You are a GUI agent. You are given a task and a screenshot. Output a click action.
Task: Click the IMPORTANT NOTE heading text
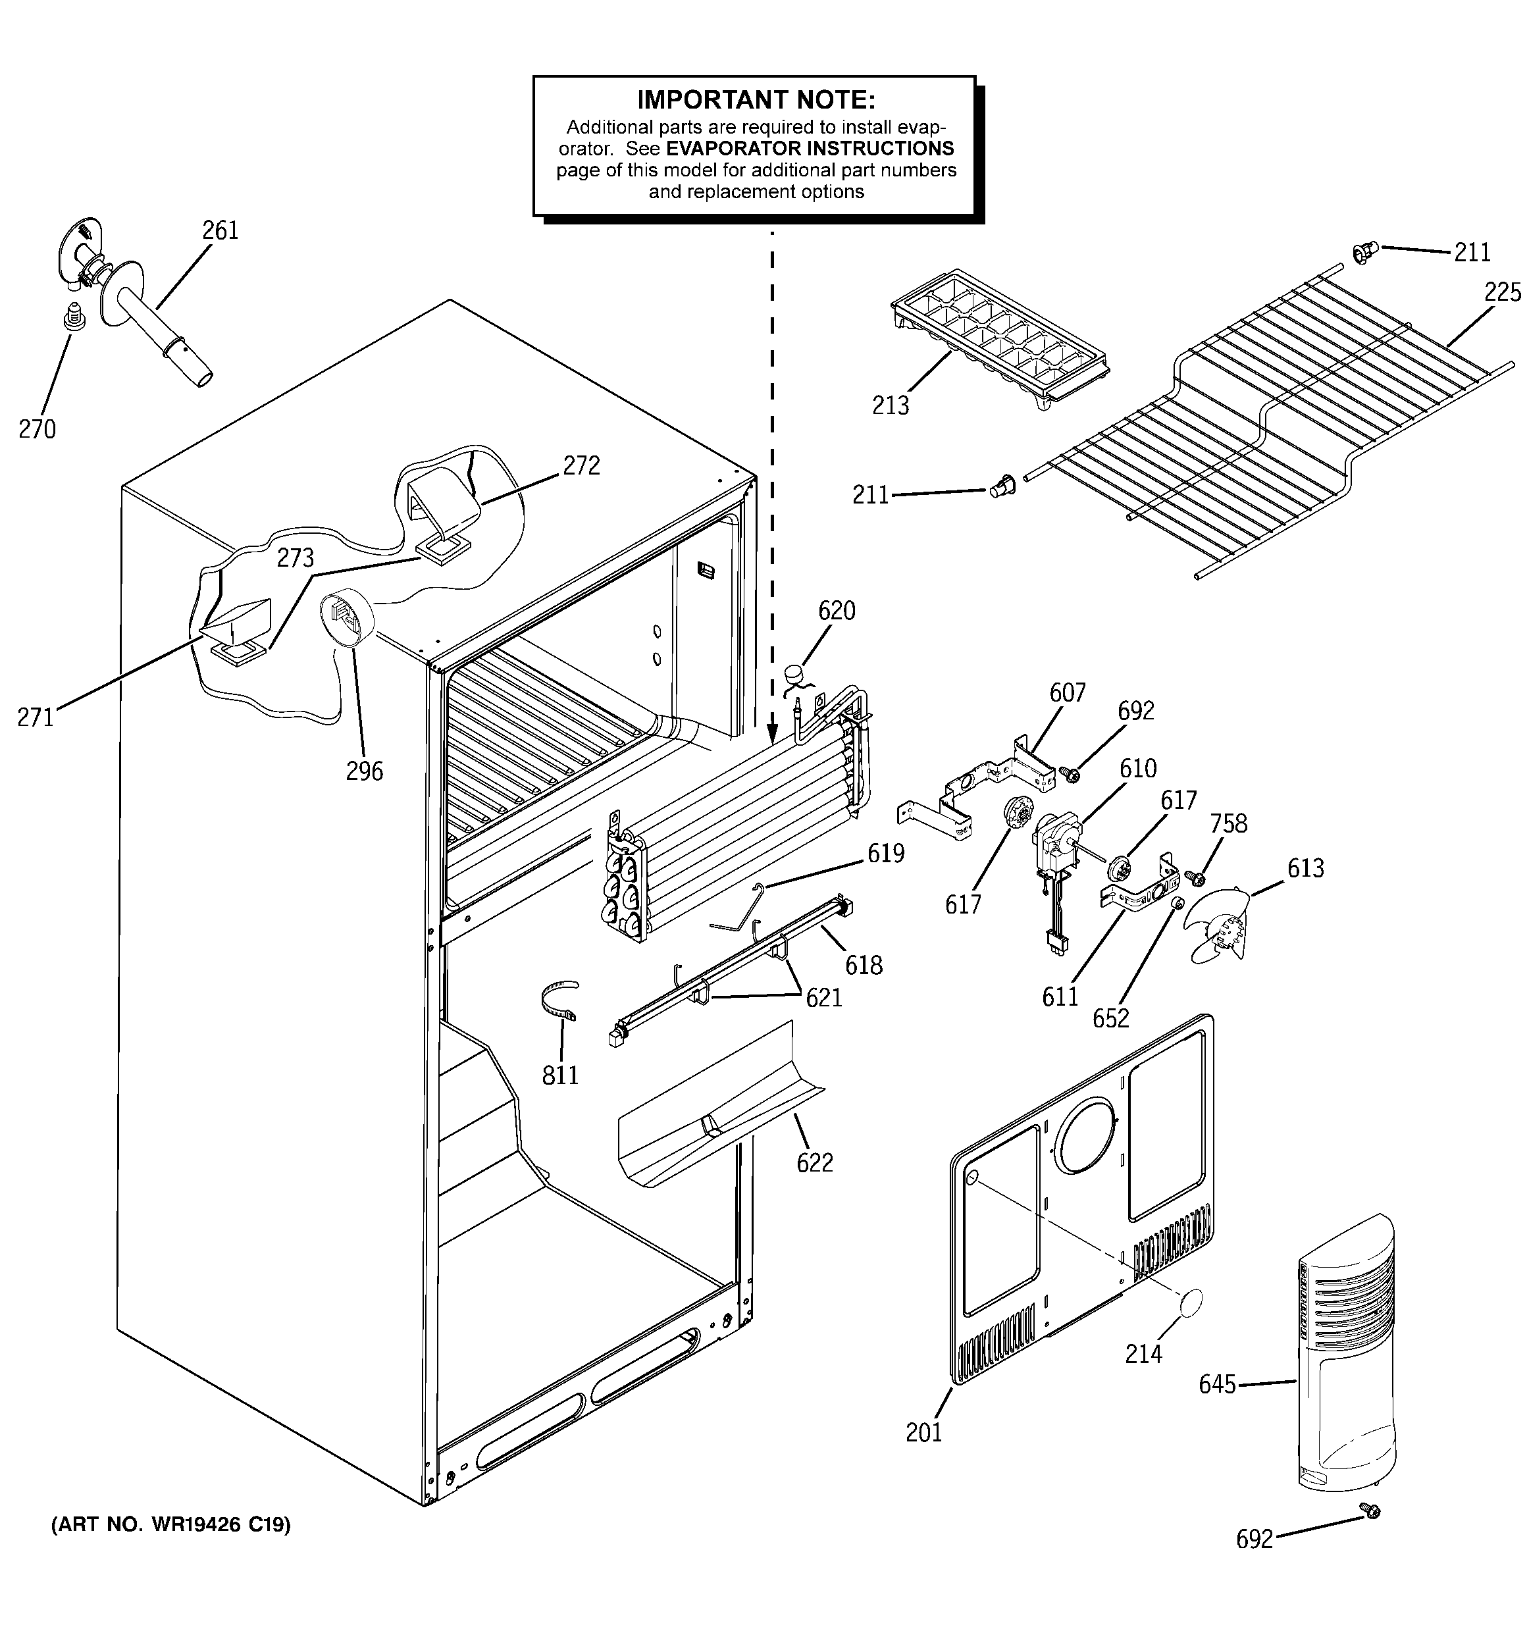point(756,100)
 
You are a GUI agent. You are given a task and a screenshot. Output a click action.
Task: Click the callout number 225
point(1501,292)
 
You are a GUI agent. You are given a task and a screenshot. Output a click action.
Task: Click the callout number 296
point(364,771)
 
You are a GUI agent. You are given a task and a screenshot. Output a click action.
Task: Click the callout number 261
point(220,230)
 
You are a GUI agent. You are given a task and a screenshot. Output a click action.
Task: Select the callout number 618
point(863,966)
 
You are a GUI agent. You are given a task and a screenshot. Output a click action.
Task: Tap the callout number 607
point(1067,693)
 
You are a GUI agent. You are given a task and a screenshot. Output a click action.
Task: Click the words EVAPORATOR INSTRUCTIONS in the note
point(809,148)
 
